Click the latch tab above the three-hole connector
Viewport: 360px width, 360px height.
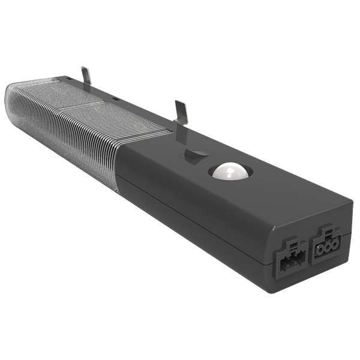[326, 231]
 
